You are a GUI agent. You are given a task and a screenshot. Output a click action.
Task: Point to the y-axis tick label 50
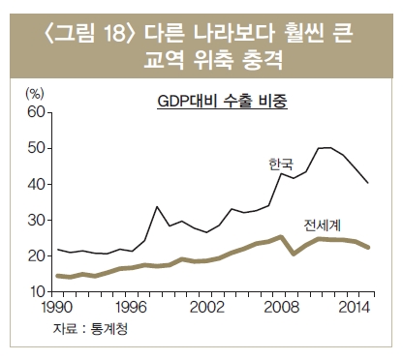pyautogui.click(x=36, y=147)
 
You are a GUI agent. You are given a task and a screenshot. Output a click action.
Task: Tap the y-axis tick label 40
pyautogui.click(x=36, y=184)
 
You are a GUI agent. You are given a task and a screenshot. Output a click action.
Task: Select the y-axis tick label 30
pyautogui.click(x=36, y=220)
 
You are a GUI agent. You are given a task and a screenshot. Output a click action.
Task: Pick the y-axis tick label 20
pyautogui.click(x=36, y=255)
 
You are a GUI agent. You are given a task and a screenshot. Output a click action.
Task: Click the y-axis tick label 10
pyautogui.click(x=36, y=291)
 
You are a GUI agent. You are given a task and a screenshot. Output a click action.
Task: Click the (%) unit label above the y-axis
pyautogui.click(x=34, y=94)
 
